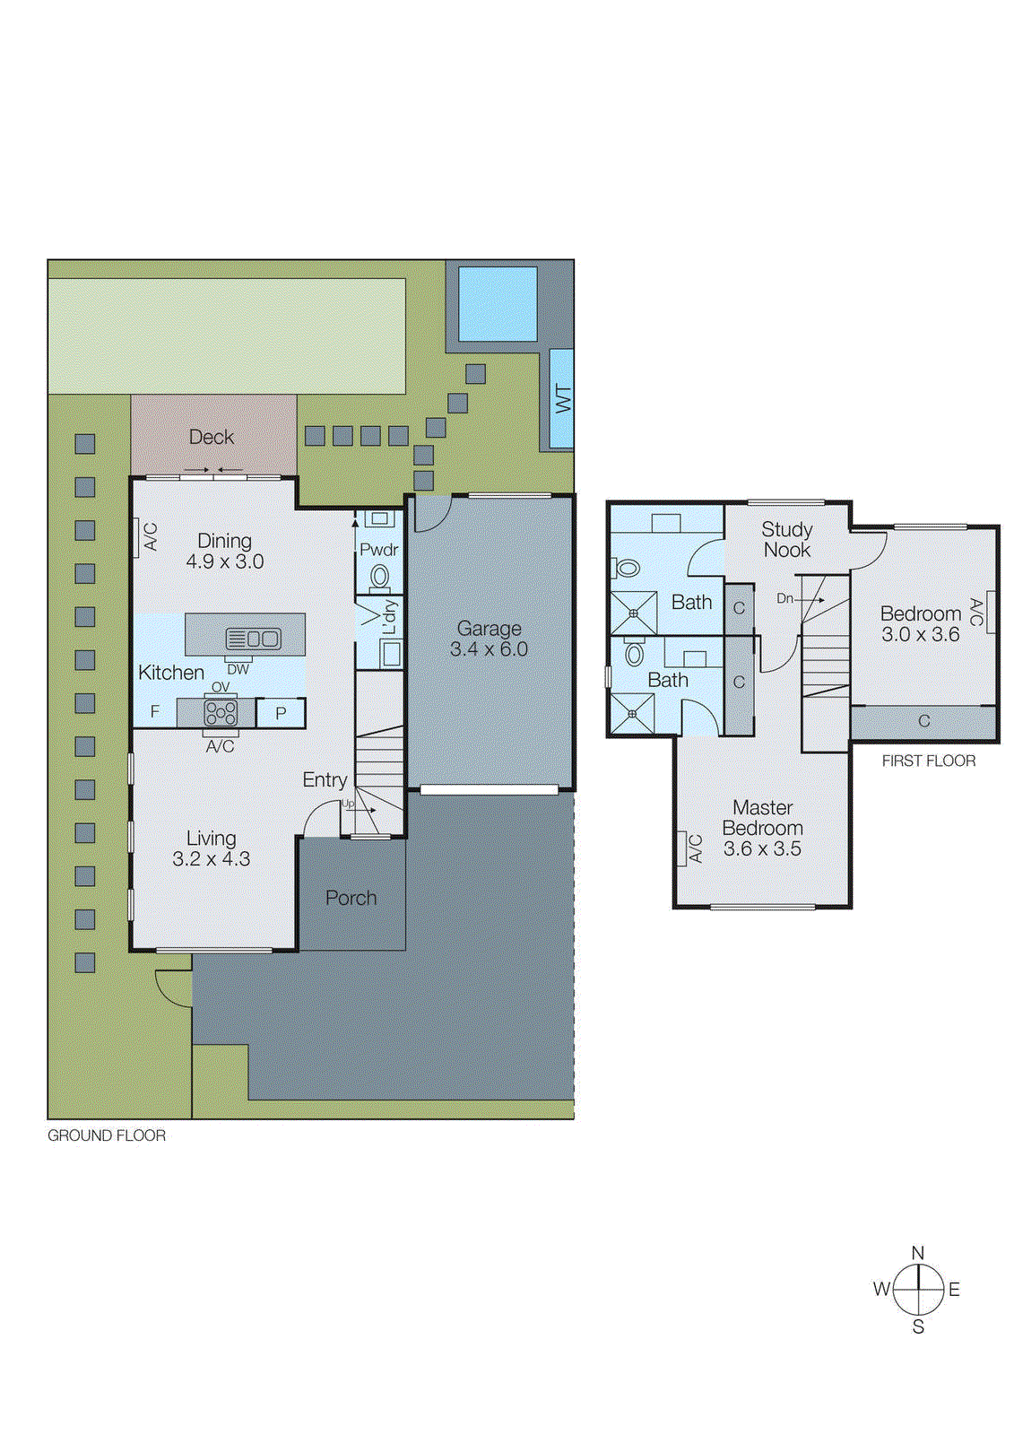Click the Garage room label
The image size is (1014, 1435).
tap(489, 629)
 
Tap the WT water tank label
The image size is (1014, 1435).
tap(562, 398)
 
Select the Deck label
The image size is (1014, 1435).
tap(212, 437)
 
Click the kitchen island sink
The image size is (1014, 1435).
tap(254, 639)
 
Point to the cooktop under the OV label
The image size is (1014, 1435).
tap(220, 713)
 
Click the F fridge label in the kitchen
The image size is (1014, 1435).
tap(155, 712)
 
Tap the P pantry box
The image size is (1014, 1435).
tap(281, 713)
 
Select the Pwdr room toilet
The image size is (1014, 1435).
tap(380, 576)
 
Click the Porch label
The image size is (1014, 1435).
tap(351, 898)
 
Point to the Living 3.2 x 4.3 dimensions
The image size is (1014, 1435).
tap(212, 859)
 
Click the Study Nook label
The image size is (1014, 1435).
tap(786, 540)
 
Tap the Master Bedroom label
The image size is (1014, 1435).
tap(762, 818)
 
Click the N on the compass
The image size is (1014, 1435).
tap(917, 1253)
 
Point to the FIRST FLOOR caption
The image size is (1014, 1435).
tap(928, 761)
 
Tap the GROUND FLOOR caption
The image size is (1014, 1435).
tap(107, 1135)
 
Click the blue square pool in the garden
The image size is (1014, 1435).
tap(498, 303)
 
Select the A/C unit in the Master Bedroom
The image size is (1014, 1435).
tap(696, 848)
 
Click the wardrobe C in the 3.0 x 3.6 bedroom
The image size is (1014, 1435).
tap(923, 721)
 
